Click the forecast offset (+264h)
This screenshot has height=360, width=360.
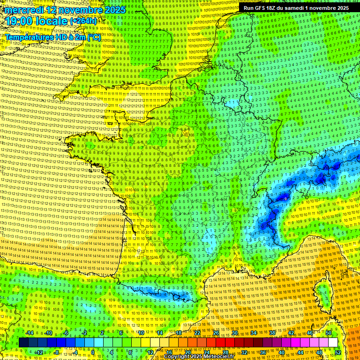click(83, 21)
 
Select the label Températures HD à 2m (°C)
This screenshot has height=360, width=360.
click(53, 37)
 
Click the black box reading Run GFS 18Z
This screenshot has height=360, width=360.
click(296, 8)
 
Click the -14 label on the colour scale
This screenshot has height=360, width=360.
click(30, 333)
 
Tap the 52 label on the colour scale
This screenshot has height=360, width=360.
click(338, 352)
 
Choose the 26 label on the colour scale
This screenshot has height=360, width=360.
click(216, 333)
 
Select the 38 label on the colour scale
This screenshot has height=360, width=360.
click(272, 333)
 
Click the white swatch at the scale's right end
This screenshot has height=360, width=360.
click(333, 343)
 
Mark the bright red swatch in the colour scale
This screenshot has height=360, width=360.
click(220, 343)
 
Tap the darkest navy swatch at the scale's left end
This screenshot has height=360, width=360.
click(23, 343)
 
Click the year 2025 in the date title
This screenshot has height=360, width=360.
click(114, 10)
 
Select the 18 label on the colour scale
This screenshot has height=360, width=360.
click(179, 333)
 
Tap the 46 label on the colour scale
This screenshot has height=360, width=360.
click(310, 333)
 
